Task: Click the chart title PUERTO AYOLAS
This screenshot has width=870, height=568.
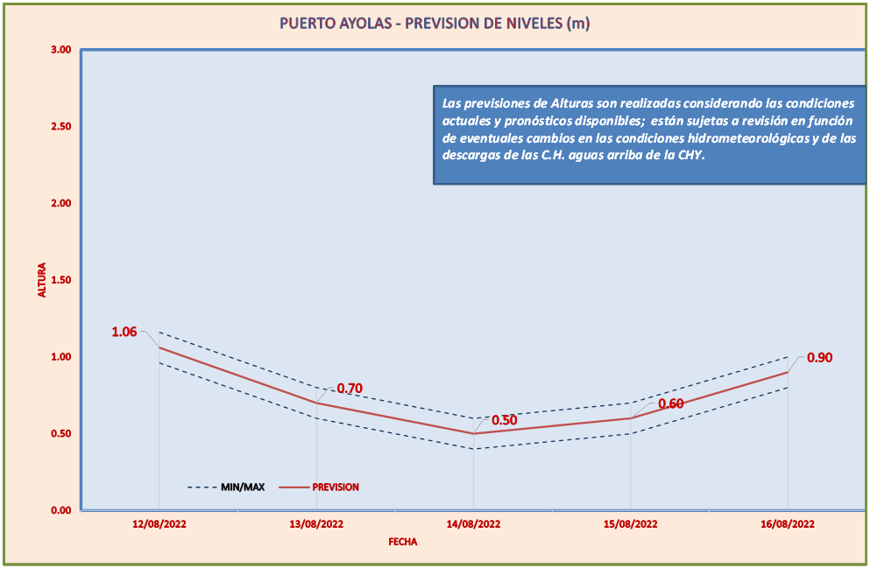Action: point(434,24)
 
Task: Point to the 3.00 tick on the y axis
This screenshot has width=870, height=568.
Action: point(60,50)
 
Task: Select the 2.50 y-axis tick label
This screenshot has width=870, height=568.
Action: point(60,126)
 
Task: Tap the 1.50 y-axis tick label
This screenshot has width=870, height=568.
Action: point(60,280)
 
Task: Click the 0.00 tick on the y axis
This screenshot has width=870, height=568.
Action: point(60,510)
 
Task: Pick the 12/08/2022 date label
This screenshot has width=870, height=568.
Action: point(159,524)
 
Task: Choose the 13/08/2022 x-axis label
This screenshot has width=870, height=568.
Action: point(316,524)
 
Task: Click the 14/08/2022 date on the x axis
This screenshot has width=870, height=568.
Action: point(474,524)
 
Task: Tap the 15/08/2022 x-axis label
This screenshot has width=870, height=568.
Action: point(631,524)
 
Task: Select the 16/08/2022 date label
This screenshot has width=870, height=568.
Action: point(788,524)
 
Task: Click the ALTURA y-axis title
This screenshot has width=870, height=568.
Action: point(41,281)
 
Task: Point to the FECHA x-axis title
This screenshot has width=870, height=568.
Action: point(403,542)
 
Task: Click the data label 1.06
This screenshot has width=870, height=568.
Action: point(124,332)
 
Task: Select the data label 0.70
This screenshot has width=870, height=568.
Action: point(350,389)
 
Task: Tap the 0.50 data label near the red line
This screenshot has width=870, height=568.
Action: point(504,420)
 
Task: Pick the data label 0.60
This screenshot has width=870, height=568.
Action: point(671,403)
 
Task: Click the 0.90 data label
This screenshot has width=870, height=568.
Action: point(819,357)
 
